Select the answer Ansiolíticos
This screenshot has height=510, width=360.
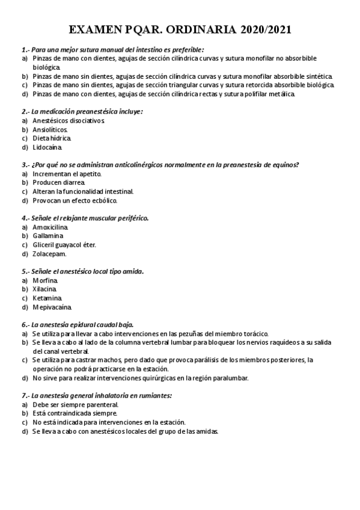click(x=50, y=129)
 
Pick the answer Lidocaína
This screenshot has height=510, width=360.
click(x=47, y=147)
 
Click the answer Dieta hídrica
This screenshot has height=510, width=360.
click(x=52, y=138)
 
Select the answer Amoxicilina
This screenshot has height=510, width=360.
click(x=50, y=227)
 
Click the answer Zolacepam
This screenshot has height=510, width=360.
click(x=49, y=253)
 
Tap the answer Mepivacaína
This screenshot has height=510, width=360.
click(x=53, y=307)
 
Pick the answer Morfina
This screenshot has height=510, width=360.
click(x=45, y=280)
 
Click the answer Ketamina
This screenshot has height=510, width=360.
click(x=46, y=298)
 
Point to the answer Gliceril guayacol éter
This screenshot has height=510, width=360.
click(x=64, y=245)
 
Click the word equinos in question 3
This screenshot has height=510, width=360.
click(x=284, y=165)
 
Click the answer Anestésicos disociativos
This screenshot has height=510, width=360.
click(x=69, y=120)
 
